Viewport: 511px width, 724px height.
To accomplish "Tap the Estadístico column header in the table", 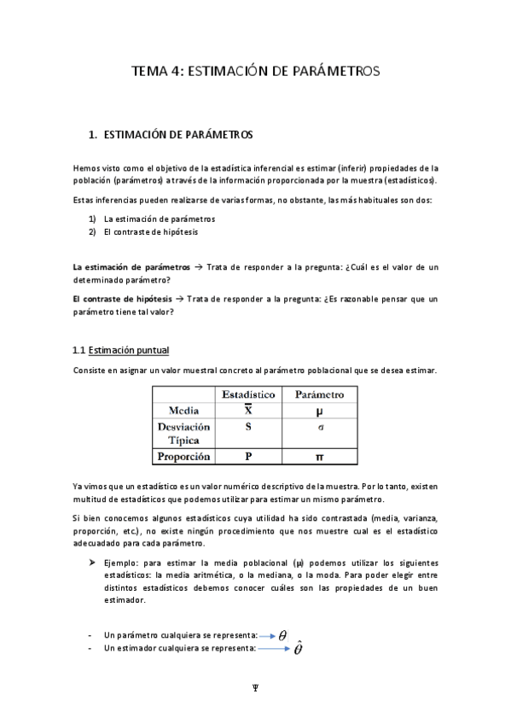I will tap(248, 394).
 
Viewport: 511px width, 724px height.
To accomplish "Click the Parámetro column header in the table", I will tap(319, 394).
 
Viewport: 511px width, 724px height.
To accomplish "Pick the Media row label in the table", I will tap(183, 410).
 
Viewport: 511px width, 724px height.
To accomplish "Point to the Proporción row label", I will tap(183, 457).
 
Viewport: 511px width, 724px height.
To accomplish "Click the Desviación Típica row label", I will tap(183, 433).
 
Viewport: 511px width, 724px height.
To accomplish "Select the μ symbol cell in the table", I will tap(319, 411).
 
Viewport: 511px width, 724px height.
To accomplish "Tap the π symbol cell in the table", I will tap(319, 457).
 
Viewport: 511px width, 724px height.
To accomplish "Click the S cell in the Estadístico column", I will tap(248, 426).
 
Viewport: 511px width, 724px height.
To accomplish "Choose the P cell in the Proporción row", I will tap(248, 457).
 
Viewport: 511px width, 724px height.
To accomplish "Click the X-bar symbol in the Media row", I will tap(248, 410).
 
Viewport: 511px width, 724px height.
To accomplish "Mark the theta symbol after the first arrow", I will tap(282, 636).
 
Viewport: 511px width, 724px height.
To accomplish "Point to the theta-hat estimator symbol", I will tap(299, 650).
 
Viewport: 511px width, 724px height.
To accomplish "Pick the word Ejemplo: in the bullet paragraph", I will tap(124, 564).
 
